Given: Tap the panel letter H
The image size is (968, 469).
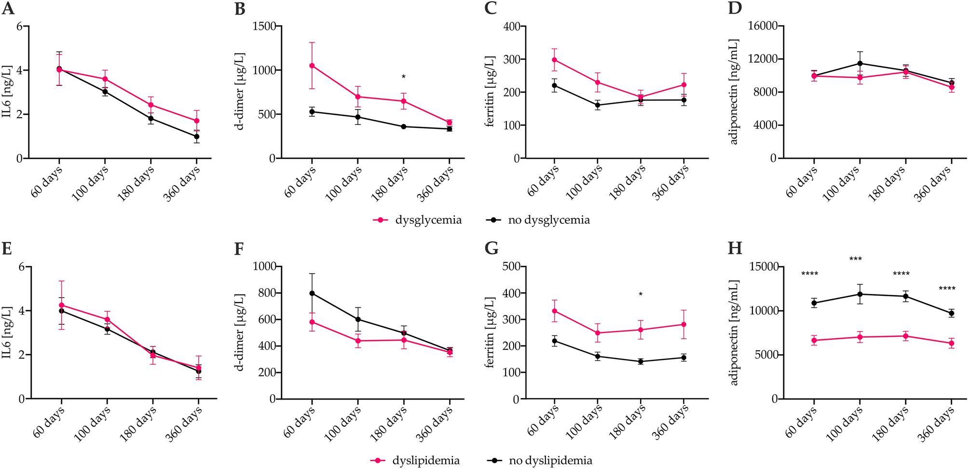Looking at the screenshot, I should click(x=735, y=249).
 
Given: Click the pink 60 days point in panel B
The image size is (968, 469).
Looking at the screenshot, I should click(x=312, y=66).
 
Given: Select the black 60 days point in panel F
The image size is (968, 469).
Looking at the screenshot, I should click(x=312, y=293).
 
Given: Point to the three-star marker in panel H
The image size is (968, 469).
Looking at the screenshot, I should click(x=855, y=260).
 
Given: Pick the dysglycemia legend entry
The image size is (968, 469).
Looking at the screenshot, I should click(x=417, y=220).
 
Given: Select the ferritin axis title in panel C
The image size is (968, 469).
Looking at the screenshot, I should click(x=490, y=92).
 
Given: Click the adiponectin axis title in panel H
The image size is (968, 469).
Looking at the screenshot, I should click(x=734, y=333).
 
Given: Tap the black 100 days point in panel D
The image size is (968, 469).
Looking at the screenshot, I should click(x=859, y=63).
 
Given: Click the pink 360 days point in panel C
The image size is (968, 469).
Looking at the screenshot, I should click(x=683, y=85).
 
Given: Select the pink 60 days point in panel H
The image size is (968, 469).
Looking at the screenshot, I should click(x=814, y=340).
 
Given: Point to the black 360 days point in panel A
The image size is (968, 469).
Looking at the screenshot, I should click(x=196, y=137).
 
